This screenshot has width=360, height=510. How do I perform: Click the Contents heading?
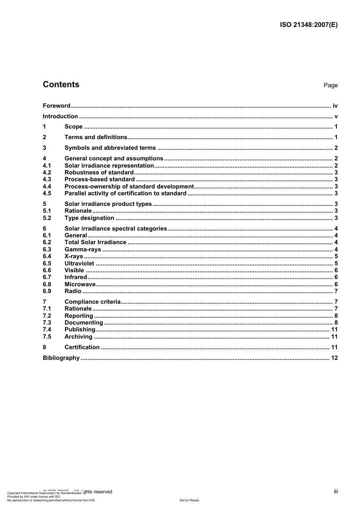click(61, 85)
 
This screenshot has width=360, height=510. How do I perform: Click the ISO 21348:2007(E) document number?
click(308, 25)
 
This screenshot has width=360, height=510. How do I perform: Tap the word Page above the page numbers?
click(330, 85)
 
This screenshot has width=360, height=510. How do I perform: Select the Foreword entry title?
click(56, 106)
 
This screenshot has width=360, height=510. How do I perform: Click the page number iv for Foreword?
click(335, 106)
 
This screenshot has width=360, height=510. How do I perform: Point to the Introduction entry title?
click(61, 116)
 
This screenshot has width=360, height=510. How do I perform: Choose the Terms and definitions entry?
click(96, 137)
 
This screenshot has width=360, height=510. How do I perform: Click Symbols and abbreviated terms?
click(110, 148)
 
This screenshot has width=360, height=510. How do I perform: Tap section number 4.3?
click(47, 179)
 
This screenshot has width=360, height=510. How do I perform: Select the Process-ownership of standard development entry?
click(129, 187)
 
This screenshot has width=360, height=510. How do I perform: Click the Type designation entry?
click(89, 218)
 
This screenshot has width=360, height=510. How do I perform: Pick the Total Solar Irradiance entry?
click(95, 242)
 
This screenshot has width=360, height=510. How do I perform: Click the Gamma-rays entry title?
click(83, 250)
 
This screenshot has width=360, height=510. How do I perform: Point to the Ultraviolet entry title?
click(79, 264)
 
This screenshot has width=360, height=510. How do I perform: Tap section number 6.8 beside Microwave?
click(47, 284)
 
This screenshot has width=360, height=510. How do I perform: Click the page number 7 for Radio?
click(336, 291)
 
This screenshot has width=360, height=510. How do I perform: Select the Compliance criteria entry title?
click(92, 302)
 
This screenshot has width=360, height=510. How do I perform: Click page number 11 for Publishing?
click(334, 330)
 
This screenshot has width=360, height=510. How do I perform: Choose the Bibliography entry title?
click(61, 358)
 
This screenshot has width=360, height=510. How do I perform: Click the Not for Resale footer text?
click(189, 500)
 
